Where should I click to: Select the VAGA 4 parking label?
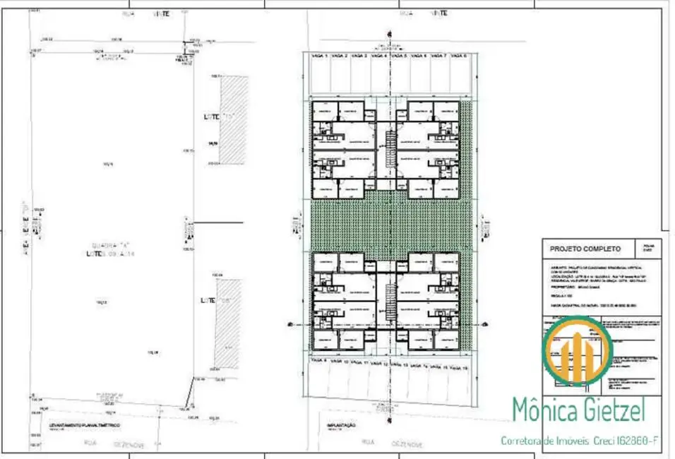(380, 56)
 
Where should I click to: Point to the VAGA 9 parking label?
(321, 367)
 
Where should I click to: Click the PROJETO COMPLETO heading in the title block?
(581, 249)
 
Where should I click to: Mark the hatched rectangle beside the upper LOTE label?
(234, 120)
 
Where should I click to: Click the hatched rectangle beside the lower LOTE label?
(230, 323)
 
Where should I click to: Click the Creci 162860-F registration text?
(625, 441)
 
